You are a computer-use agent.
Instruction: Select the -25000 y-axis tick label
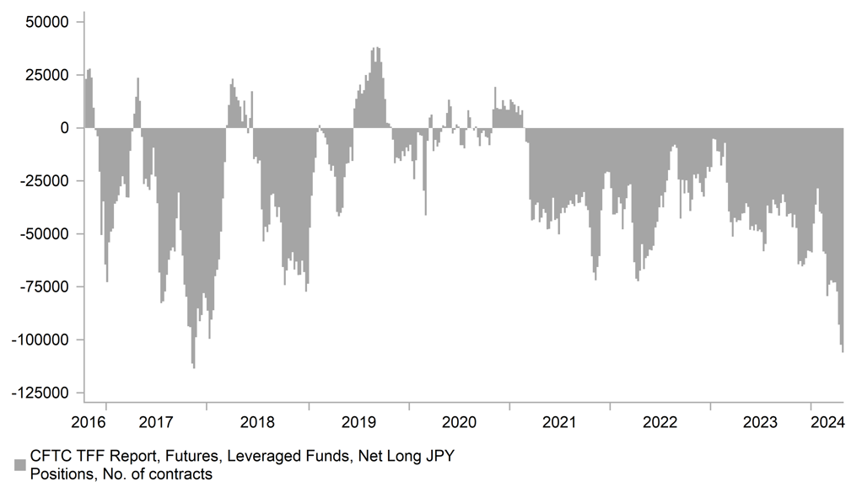(47, 181)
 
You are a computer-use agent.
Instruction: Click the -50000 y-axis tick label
(47, 234)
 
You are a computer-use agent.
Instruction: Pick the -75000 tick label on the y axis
(47, 287)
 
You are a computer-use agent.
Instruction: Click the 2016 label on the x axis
(89, 420)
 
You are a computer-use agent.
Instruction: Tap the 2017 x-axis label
(158, 420)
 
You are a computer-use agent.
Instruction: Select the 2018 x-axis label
(258, 420)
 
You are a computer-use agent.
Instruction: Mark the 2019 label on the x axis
(358, 420)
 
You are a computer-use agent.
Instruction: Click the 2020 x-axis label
(459, 420)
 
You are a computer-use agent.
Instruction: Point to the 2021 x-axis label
(559, 420)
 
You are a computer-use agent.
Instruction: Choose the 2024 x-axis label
(827, 420)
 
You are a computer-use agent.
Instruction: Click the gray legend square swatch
(19, 465)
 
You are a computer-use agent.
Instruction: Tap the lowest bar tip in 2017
(193, 367)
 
